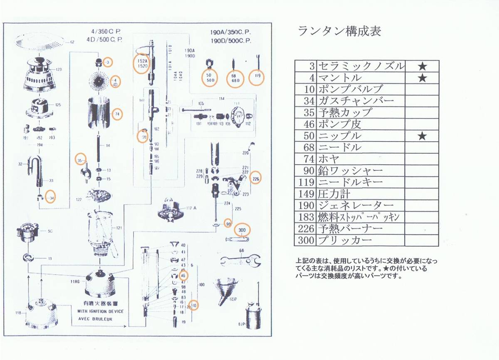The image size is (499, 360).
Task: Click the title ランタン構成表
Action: [x=339, y=32]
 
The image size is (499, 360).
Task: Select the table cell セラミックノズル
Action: [x=360, y=66]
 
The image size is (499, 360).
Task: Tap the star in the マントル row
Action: [x=422, y=78]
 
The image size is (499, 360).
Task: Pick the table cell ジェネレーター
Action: [x=356, y=205]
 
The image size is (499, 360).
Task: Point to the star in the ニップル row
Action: [x=422, y=136]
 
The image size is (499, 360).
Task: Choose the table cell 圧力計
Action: [x=334, y=194]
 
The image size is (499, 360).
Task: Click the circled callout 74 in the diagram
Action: [x=117, y=114]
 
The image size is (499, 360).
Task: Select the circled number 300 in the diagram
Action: [x=242, y=230]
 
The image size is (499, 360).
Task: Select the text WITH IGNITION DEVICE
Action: [x=100, y=311]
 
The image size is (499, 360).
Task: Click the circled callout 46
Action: [x=183, y=275]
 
